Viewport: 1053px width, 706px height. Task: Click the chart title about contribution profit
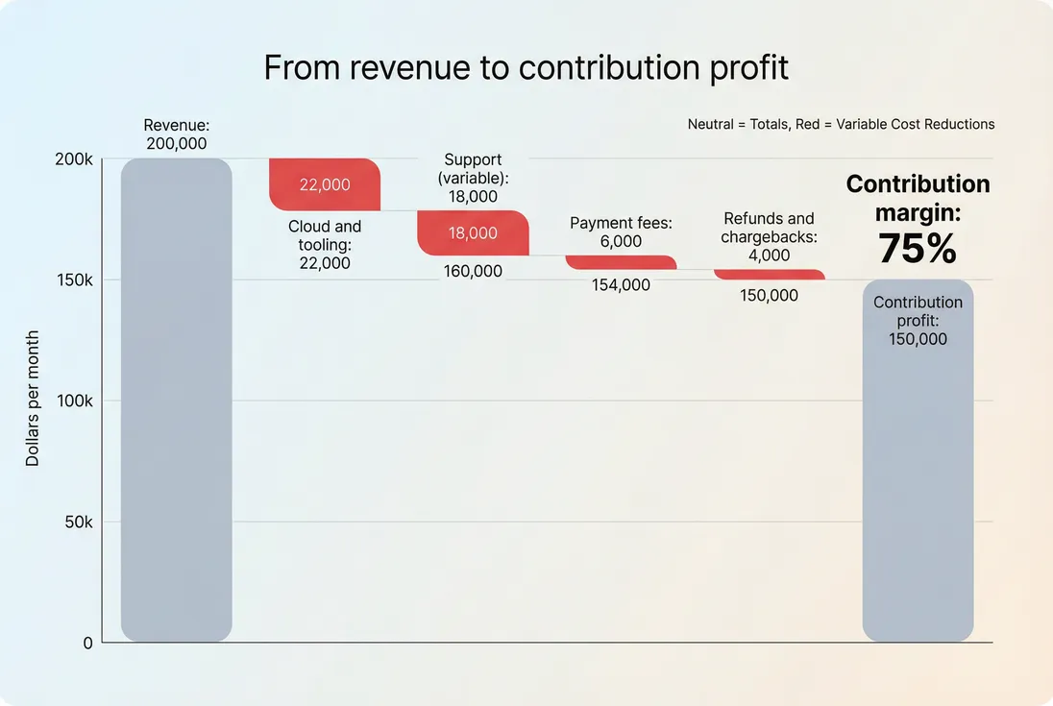(x=526, y=67)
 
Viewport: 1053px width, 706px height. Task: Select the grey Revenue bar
(x=176, y=400)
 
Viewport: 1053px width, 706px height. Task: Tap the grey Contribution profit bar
(x=918, y=461)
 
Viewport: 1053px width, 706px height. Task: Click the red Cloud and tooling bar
(x=325, y=184)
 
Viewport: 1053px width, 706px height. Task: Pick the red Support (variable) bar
(x=473, y=232)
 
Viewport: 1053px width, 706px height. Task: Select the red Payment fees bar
(x=621, y=262)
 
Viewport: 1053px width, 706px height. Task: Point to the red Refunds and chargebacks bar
(x=769, y=275)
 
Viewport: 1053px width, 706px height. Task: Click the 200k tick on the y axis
(x=74, y=159)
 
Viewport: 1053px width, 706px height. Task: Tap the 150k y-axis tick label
(x=74, y=280)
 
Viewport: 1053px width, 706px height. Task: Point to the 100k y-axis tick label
(x=74, y=402)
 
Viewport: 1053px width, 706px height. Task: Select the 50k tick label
(x=77, y=523)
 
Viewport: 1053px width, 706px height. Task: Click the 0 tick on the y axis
(x=87, y=644)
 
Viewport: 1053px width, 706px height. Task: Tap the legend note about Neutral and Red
(x=841, y=124)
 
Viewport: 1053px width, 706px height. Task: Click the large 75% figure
(x=918, y=249)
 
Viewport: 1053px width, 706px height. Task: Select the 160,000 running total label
(x=473, y=271)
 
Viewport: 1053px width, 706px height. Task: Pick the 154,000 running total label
(x=621, y=284)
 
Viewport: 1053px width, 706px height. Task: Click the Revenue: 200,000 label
(x=176, y=134)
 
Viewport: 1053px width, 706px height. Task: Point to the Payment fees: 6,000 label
(x=621, y=231)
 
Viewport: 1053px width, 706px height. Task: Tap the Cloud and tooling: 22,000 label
(x=325, y=244)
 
